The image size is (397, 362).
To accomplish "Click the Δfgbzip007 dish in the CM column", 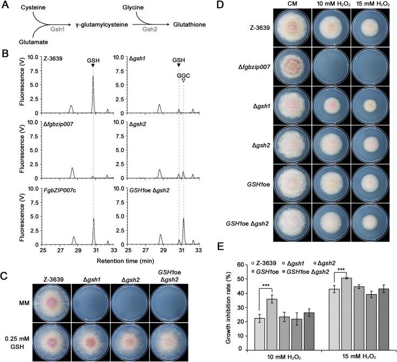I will click(292, 69).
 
